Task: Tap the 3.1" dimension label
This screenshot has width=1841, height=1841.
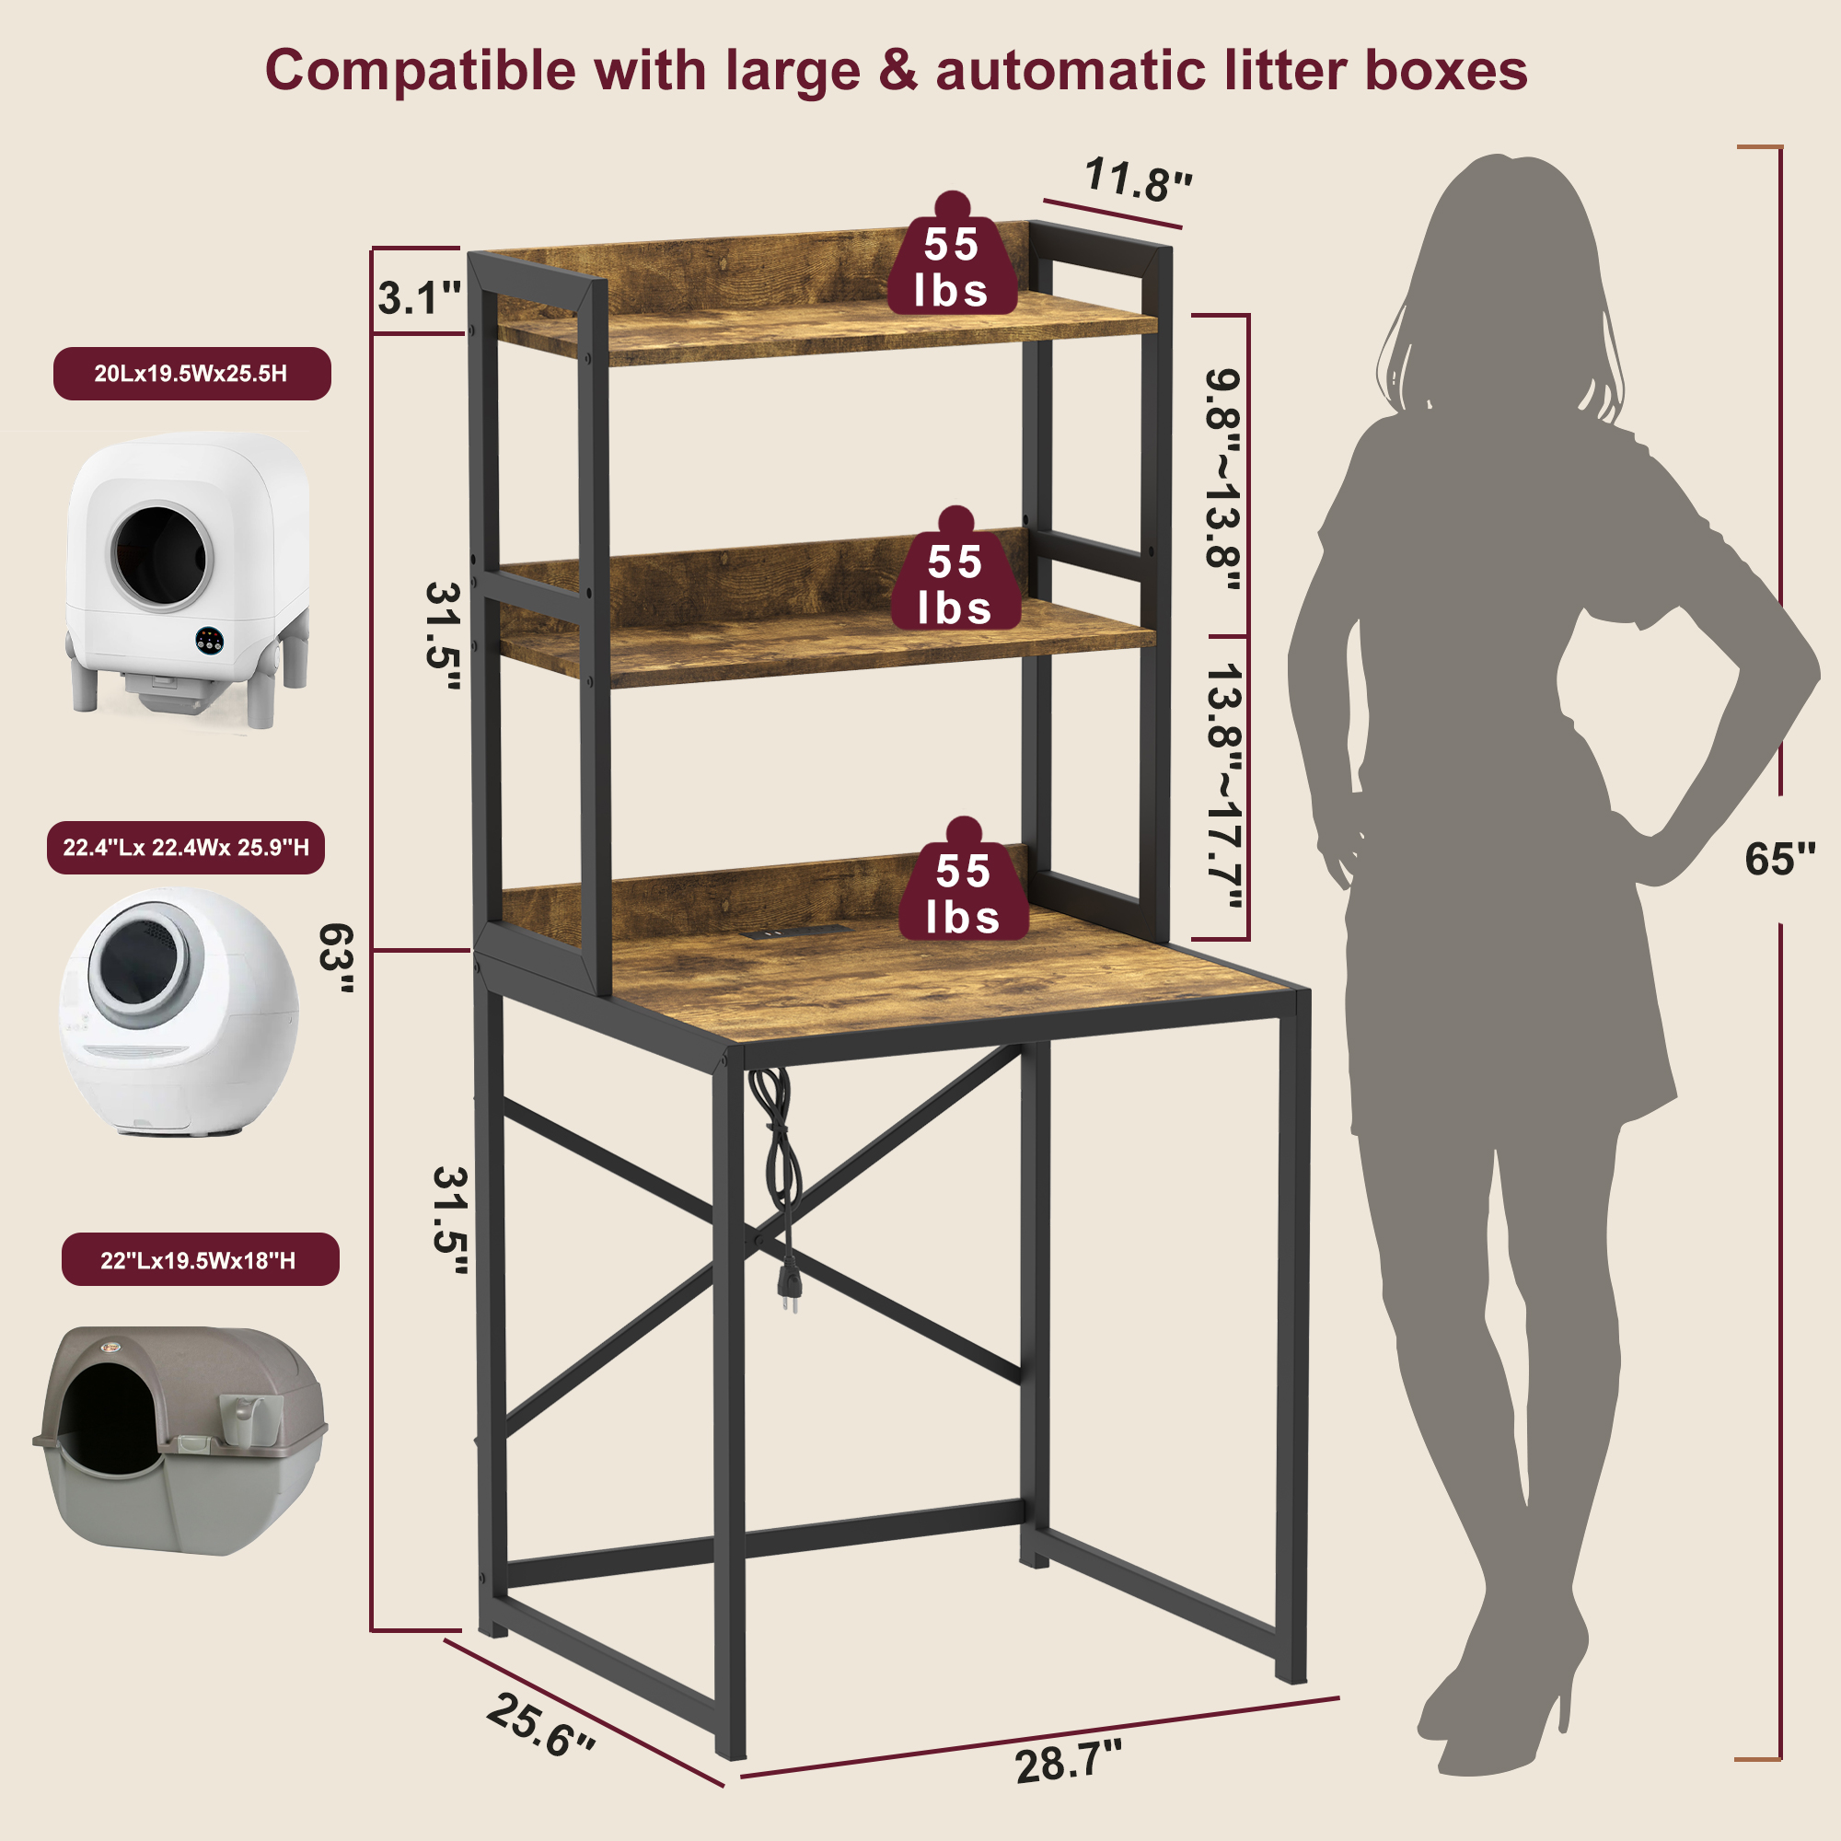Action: tap(418, 298)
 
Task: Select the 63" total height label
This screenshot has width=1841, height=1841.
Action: tap(336, 957)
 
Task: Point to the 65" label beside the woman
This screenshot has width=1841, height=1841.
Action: tap(1780, 859)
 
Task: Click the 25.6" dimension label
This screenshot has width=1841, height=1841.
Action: tap(540, 1724)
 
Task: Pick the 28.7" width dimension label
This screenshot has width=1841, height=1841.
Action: tap(1068, 1762)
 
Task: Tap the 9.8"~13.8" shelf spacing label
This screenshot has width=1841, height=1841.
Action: tap(1223, 481)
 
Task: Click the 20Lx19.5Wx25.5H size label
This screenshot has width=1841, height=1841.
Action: tap(191, 374)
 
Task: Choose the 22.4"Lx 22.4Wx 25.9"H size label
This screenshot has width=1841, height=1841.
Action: tap(186, 847)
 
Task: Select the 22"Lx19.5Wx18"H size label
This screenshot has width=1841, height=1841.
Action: tap(200, 1260)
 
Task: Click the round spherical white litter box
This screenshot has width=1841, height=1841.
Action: tap(179, 1012)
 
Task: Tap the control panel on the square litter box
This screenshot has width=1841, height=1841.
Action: tap(210, 641)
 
